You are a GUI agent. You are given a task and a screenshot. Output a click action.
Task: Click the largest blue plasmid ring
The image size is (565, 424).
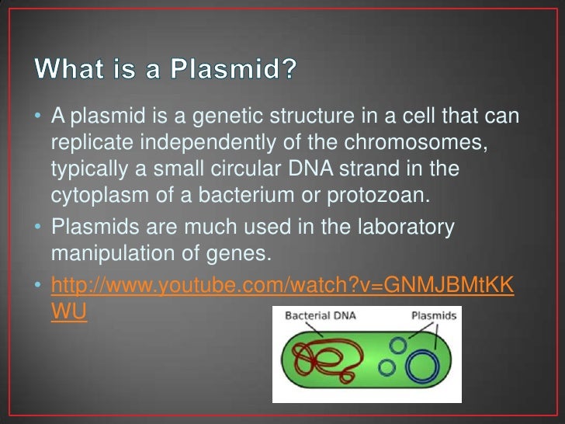tap(421, 367)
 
